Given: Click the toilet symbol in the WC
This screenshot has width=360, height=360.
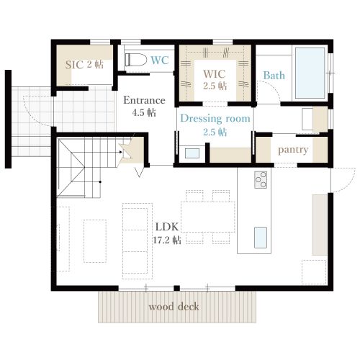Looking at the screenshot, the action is click(136, 60).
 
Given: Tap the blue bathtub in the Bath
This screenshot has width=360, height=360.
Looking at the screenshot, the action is click(310, 73).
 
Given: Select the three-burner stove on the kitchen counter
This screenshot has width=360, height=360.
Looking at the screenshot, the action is click(261, 180).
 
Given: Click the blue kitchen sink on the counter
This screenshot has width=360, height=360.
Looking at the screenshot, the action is click(261, 238).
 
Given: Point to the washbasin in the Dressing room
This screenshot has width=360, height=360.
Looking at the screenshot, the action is click(192, 153).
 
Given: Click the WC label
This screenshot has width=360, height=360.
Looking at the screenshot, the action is click(160, 60).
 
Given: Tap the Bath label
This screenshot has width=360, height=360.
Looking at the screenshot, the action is click(274, 76).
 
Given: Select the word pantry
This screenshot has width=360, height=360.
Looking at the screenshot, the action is click(293, 150).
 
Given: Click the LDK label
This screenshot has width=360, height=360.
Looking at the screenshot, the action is click(167, 227).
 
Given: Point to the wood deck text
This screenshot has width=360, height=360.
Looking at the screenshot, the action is click(174, 307).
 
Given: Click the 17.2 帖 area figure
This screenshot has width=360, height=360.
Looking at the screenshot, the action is click(167, 240).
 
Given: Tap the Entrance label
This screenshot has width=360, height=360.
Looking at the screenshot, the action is click(144, 100).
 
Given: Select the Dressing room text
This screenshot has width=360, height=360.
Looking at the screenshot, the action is click(215, 119).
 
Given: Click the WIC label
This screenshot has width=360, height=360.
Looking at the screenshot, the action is click(215, 74).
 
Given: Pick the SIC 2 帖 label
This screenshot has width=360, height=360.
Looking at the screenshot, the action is click(84, 64).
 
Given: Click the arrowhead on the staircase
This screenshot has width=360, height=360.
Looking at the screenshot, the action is click(120, 152).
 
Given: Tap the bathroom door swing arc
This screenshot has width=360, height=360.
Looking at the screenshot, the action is click(272, 89).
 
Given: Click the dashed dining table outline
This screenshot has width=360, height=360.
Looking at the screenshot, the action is click(208, 217).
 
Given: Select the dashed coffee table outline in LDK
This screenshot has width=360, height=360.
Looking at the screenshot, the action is click(95, 241).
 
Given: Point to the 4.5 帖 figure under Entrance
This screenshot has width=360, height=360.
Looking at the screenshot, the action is click(144, 112).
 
